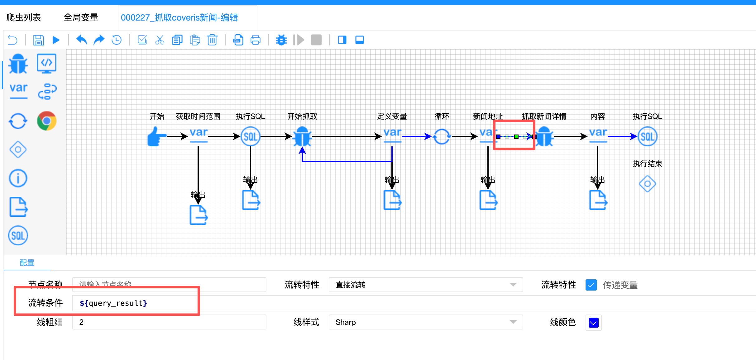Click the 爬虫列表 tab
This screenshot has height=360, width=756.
point(24,17)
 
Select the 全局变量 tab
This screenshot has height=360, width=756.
point(81,17)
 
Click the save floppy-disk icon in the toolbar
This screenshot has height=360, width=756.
point(39,40)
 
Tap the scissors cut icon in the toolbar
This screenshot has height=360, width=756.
point(160,40)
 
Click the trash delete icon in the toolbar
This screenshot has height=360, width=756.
point(212,40)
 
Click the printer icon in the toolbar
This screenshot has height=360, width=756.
point(256,40)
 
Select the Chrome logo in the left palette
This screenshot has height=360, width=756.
point(46,121)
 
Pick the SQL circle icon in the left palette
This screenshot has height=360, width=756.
point(18,235)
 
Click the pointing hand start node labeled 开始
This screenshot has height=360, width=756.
point(156,136)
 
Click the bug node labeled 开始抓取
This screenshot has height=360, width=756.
point(302,136)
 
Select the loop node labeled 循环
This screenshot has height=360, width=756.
point(442,136)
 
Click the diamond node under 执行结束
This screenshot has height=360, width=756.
point(647,184)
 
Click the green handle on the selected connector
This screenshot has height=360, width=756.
point(516,137)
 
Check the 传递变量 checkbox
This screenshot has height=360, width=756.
point(591,285)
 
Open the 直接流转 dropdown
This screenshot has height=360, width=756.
point(425,285)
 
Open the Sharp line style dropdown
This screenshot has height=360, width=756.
point(425,322)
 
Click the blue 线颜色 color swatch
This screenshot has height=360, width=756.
point(593,323)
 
